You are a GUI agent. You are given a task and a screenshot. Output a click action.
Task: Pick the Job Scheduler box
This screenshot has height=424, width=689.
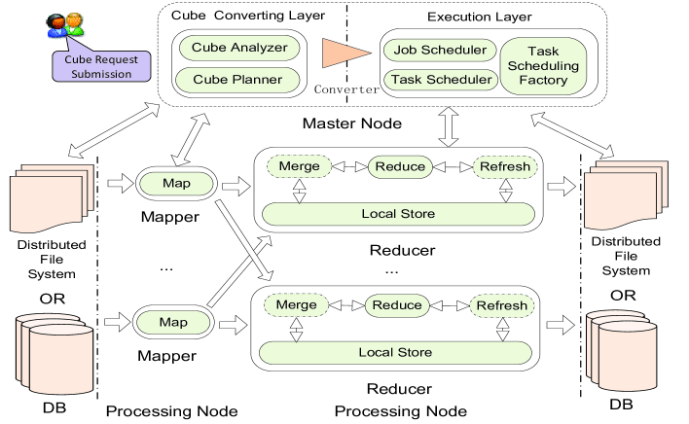point(440,49)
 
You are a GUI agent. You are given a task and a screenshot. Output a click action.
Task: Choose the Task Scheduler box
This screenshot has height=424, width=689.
point(440,80)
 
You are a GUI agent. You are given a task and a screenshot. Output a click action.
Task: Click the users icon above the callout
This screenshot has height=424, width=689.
point(64,23)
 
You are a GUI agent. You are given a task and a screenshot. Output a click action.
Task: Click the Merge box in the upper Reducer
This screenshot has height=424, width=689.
point(298,166)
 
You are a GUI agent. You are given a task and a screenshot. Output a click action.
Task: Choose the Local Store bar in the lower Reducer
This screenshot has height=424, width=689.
point(398,351)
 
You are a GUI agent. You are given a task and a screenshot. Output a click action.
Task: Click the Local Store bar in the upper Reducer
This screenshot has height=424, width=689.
point(398,213)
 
